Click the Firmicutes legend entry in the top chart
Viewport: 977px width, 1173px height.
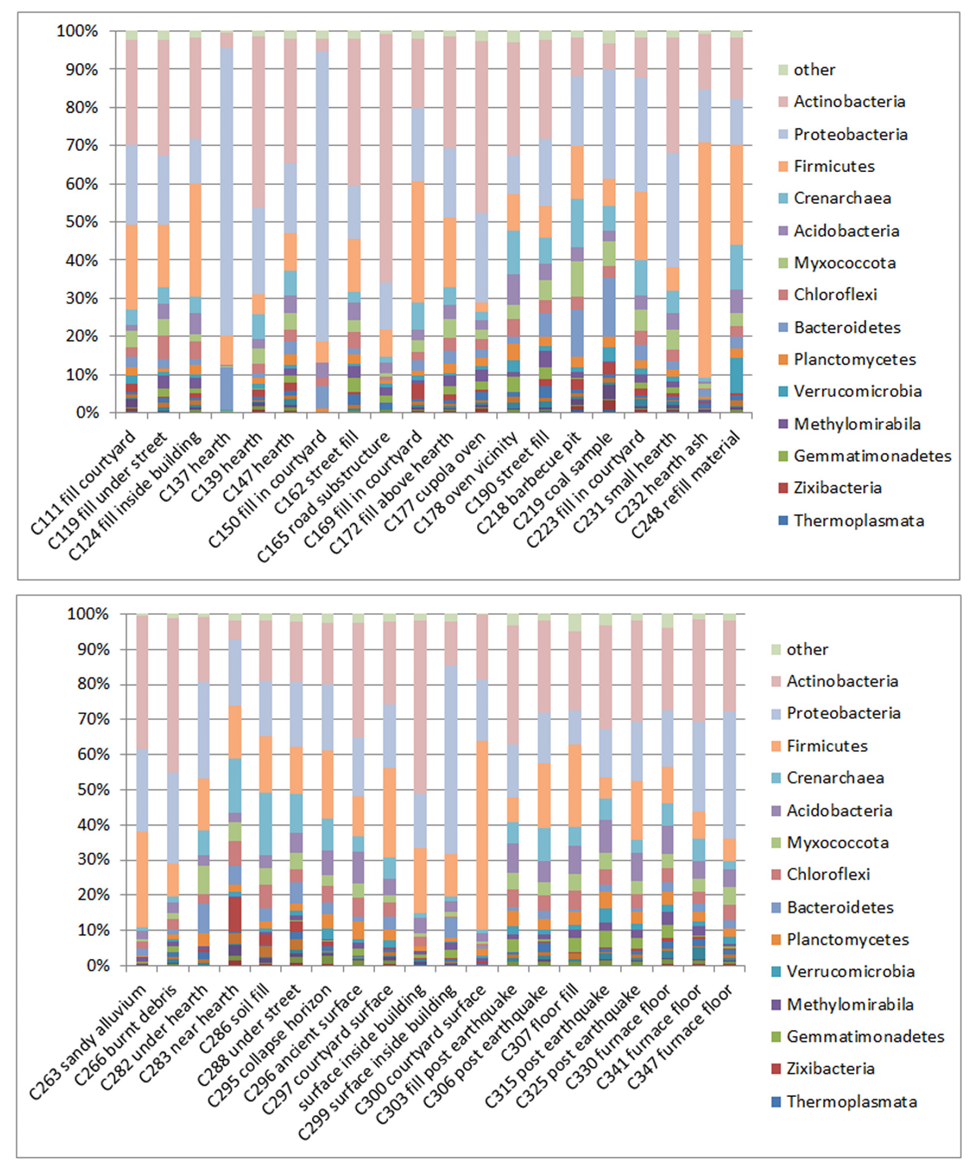tap(833, 166)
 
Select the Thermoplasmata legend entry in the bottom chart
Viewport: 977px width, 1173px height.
tap(851, 1101)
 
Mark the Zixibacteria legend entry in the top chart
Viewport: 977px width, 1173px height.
tap(837, 488)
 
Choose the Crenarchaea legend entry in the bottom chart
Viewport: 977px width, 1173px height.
tap(834, 778)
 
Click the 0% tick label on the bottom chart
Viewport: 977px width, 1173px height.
tap(98, 966)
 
